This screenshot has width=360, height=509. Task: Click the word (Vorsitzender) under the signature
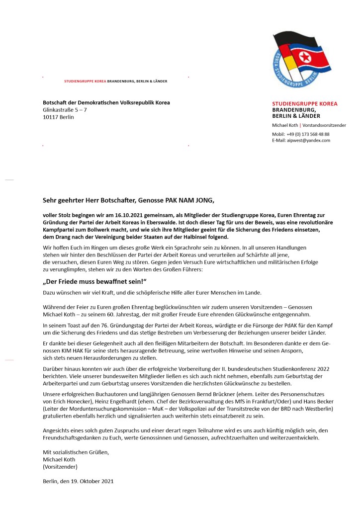[x=60, y=467]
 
